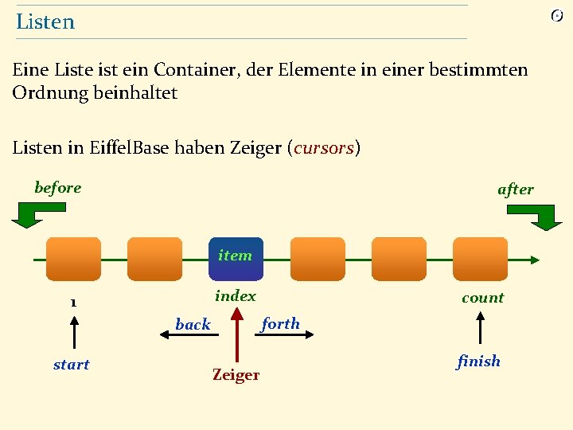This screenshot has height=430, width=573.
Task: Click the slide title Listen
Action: (x=45, y=21)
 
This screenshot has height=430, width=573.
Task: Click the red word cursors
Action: (x=324, y=148)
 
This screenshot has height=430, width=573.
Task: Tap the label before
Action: (x=58, y=188)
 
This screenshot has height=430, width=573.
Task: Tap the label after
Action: (x=516, y=190)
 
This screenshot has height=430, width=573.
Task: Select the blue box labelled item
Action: (x=236, y=259)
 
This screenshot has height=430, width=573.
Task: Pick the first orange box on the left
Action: (x=73, y=259)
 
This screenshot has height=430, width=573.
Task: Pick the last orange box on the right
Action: (x=480, y=259)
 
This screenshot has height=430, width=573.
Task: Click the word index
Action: (x=236, y=296)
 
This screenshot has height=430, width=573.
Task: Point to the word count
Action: (x=483, y=298)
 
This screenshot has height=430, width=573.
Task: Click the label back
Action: (x=193, y=324)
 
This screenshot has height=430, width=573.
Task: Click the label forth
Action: (x=280, y=323)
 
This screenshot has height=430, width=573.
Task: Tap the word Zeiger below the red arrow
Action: (x=236, y=374)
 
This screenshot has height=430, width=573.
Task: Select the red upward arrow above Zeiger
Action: (x=236, y=334)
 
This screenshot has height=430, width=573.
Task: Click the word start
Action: (x=72, y=365)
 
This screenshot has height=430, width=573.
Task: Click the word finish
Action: (x=479, y=362)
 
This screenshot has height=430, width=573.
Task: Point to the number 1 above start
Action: (x=72, y=303)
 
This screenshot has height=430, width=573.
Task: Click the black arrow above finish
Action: (x=480, y=328)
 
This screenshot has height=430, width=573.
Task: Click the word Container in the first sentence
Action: (x=193, y=70)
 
